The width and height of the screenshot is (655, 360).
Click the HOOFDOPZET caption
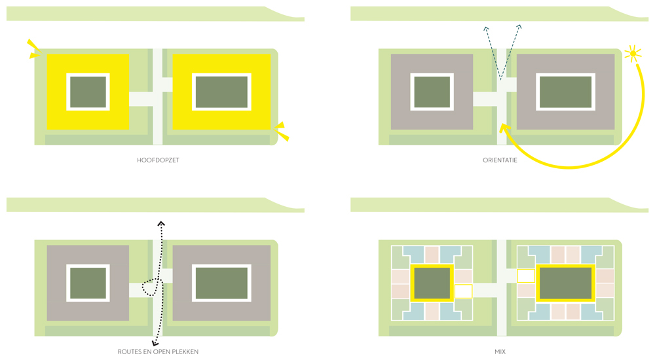point(158,160)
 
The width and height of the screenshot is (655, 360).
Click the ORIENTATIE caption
point(500,160)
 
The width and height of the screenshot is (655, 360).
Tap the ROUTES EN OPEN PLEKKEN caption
point(158,351)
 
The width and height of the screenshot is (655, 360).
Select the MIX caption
point(500,351)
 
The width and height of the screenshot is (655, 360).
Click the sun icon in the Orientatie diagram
point(633,54)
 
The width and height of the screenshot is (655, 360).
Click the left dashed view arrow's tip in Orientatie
point(486,27)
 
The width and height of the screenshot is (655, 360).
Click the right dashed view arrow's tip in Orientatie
point(519,27)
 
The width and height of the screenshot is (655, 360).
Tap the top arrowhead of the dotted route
point(161,224)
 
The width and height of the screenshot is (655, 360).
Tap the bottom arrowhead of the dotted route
point(155,343)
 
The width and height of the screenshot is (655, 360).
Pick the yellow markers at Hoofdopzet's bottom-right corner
point(282,131)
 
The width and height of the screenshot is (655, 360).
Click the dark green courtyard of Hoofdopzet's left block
point(88,92)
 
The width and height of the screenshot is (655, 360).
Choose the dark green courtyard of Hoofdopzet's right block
point(221,92)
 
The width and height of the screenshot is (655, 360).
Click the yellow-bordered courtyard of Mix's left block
point(432,283)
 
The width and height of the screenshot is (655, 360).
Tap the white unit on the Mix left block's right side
point(463,291)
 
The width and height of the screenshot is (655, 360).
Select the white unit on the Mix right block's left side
point(526,276)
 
